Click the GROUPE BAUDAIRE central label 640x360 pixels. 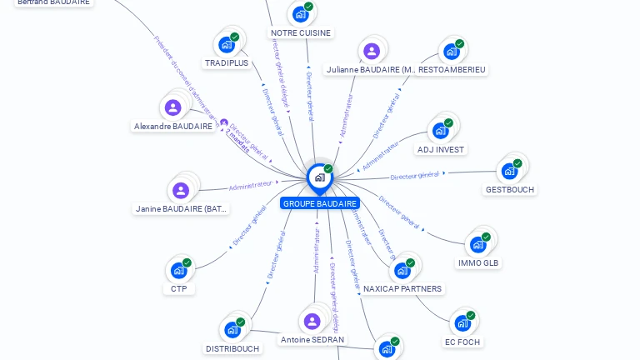coord(320,203)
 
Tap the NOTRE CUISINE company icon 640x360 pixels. coord(300,14)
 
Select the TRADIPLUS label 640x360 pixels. coord(227,62)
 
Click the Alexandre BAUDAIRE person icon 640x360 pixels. coord(172,107)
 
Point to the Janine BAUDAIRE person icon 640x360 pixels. coord(181,190)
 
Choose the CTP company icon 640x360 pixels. coord(178,270)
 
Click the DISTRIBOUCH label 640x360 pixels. coord(232,348)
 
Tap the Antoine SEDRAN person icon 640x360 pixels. coord(312,322)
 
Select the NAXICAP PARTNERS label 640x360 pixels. coord(403,288)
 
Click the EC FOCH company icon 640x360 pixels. coord(462,323)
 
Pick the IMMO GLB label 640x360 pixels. coord(479,262)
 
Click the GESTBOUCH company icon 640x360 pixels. coord(509,172)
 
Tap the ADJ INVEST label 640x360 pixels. coord(441,149)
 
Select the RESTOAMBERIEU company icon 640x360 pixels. coord(452,52)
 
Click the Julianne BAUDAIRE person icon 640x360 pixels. coord(372,51)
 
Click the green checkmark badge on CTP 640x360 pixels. coord(187,262)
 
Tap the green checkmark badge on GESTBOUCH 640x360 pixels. coord(517,164)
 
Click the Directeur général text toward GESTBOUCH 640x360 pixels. coord(415,175)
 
